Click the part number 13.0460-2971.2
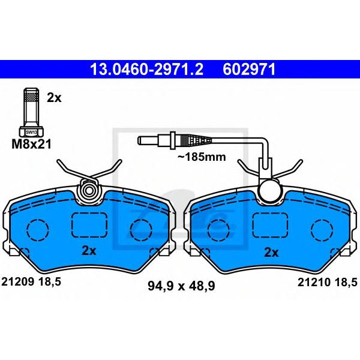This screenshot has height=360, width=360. [147, 70]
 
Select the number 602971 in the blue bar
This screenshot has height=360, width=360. [248, 70]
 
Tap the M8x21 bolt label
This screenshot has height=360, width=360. [31, 145]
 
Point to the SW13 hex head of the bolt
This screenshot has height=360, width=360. [31, 132]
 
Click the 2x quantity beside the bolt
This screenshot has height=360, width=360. [54, 98]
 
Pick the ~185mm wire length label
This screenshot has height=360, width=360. [202, 157]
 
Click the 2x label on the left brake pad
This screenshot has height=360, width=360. [89, 251]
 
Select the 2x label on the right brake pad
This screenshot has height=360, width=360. [271, 253]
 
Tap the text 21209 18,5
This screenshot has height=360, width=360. [31, 281]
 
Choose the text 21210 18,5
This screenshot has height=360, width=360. [328, 282]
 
